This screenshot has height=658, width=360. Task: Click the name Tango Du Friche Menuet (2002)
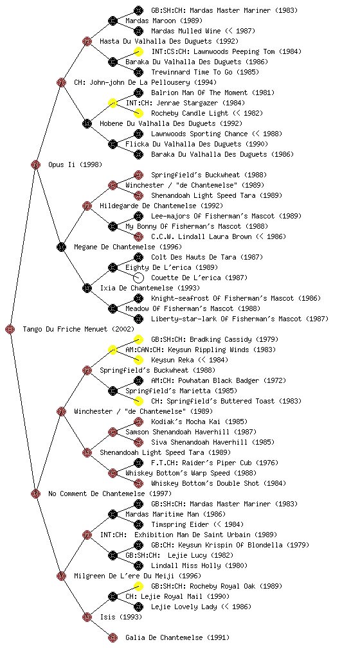[78, 329]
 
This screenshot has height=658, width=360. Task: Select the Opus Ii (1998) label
[75, 164]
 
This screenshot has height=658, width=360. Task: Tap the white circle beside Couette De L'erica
[138, 278]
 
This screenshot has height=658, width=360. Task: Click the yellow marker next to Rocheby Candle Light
[138, 113]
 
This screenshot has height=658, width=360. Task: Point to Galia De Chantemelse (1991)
[177, 637]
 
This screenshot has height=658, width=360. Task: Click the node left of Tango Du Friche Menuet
[10, 329]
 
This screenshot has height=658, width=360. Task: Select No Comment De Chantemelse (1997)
[110, 493]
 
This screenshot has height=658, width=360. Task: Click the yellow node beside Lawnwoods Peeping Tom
[138, 51]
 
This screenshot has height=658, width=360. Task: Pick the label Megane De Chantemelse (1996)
[120, 247]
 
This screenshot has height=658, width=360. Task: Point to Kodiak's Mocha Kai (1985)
[199, 422]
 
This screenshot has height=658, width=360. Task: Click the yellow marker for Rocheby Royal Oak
[138, 586]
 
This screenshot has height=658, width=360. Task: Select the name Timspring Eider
[180, 524]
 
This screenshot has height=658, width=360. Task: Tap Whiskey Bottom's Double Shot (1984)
[219, 483]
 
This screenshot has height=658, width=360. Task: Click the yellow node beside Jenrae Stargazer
[113, 103]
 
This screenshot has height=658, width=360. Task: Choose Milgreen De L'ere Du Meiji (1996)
[138, 576]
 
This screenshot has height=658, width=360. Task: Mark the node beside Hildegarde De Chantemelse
[87, 206]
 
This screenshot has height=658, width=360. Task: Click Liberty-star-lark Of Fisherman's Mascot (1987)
[240, 319]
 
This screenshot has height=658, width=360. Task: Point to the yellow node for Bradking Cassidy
[138, 339]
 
